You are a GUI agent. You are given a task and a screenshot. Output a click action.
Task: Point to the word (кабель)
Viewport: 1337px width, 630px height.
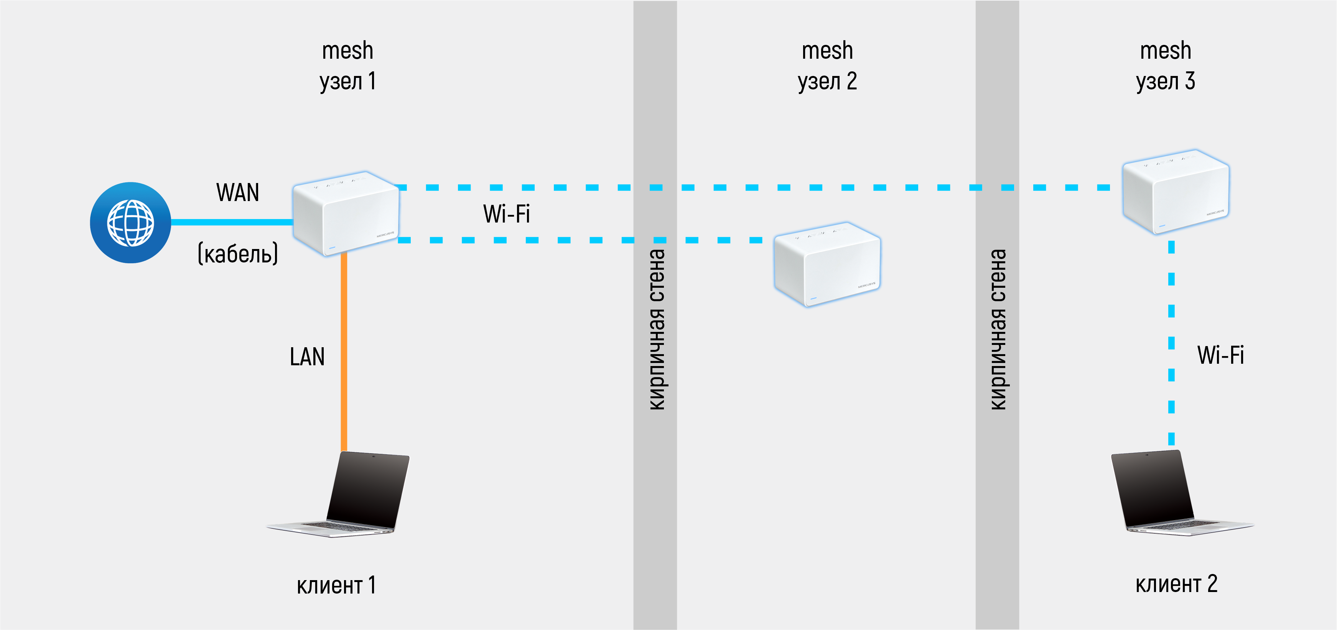(x=238, y=254)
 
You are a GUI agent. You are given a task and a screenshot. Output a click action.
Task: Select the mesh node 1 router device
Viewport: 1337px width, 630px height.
(x=346, y=213)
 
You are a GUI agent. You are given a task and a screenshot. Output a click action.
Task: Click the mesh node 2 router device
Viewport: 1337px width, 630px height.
(x=827, y=264)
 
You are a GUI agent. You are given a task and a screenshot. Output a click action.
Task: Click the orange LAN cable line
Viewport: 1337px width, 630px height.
(x=344, y=353)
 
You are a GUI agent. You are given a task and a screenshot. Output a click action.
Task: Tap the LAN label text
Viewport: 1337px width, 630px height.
(x=307, y=357)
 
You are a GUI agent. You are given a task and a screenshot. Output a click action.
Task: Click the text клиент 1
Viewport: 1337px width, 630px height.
(x=336, y=585)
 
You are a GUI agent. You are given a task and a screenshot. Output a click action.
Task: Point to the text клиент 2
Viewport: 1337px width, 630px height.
(x=1176, y=584)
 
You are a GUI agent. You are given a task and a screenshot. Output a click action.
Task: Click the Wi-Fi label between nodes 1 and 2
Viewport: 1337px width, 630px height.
(x=507, y=214)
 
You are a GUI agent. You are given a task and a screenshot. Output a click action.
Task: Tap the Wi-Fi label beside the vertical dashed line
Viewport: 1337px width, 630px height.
(x=1221, y=355)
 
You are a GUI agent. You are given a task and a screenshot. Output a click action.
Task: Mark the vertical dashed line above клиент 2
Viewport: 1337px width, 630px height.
(x=1171, y=343)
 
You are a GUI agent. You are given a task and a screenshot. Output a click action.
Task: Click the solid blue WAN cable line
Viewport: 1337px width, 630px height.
(x=232, y=222)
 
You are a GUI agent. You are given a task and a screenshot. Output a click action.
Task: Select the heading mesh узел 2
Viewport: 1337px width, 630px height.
(x=827, y=66)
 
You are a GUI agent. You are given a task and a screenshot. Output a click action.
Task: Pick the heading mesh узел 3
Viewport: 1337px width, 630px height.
(x=1166, y=66)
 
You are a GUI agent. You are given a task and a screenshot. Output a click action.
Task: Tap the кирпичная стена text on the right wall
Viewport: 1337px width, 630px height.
(x=998, y=330)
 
